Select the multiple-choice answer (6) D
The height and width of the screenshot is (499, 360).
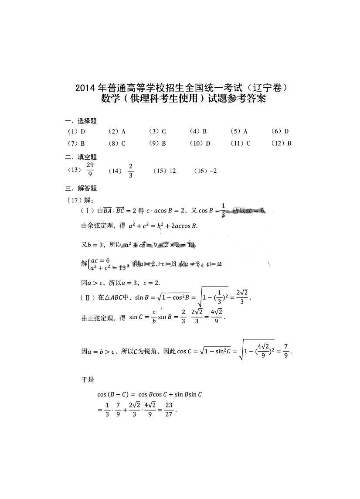280,131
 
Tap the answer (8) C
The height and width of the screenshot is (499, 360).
117,143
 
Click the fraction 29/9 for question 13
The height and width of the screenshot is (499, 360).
90,169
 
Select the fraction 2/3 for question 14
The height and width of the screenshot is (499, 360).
131,171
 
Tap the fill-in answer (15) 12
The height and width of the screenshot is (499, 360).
164,171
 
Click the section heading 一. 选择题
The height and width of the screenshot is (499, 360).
81,121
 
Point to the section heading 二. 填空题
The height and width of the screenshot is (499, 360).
81,157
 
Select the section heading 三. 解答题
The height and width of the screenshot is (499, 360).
81,188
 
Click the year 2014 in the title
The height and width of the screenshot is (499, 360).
85,88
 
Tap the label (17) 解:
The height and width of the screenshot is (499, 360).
78,200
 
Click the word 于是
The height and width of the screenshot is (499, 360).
88,379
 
